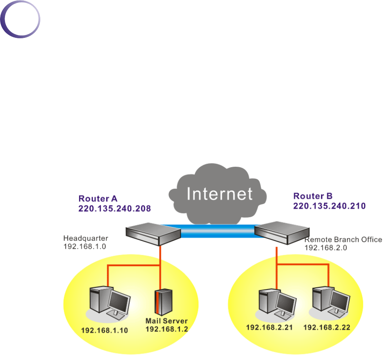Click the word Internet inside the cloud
point(219,193)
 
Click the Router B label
point(312,195)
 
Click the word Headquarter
point(86,238)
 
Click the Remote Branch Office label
point(343,240)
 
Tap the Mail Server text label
point(166,321)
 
